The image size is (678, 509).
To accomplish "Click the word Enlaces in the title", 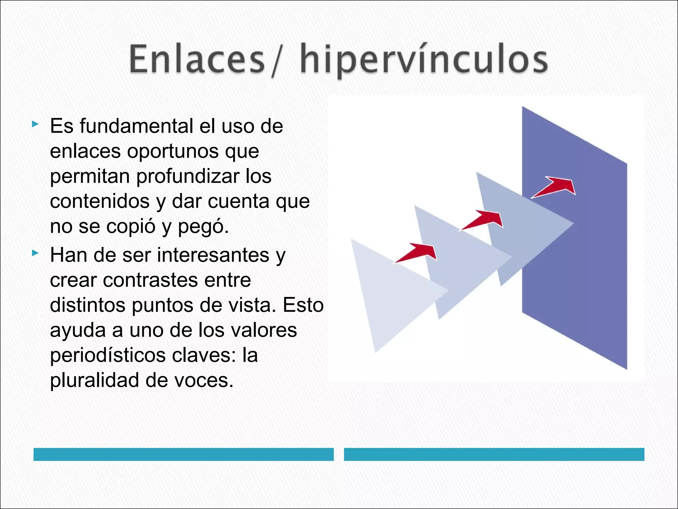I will pyautogui.click(x=197, y=60).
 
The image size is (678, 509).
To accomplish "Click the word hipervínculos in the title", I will pyautogui.click(x=424, y=61).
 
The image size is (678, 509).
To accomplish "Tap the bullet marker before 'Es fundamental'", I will pyautogui.click(x=35, y=125).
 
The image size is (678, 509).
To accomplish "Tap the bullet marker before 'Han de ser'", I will pyautogui.click(x=35, y=254).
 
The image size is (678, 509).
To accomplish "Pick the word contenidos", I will pyautogui.click(x=100, y=201).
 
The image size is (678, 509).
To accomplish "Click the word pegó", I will pyautogui.click(x=203, y=227).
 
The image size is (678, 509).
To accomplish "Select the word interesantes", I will pyautogui.click(x=213, y=255).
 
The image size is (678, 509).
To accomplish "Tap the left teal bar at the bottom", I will pyautogui.click(x=183, y=454).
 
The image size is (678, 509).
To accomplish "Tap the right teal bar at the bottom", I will pyautogui.click(x=494, y=454).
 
